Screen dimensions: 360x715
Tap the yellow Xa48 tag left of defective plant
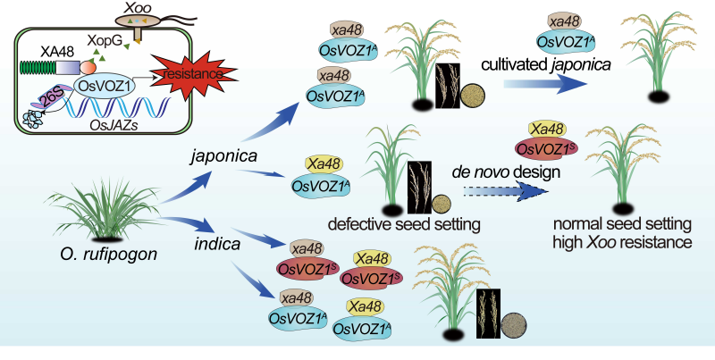315,164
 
